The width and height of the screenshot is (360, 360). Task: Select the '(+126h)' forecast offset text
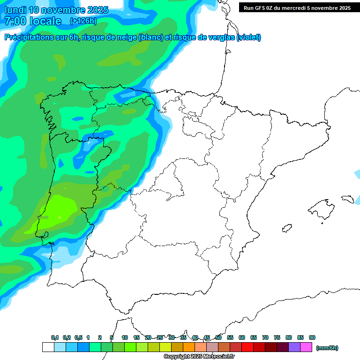point(83,21)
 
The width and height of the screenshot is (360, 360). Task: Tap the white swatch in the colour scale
point(48,347)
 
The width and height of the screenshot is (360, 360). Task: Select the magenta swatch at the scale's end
point(306,347)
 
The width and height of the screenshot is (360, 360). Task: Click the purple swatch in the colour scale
point(294,347)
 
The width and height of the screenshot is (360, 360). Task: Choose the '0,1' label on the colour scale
point(55,337)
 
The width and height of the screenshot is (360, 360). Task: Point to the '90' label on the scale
point(312,337)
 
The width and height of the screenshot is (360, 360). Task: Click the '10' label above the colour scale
point(125,337)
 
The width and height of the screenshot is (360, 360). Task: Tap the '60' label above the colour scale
point(242,337)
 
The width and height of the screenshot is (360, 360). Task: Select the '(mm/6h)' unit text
point(327,348)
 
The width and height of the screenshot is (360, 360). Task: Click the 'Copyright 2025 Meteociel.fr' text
point(199,357)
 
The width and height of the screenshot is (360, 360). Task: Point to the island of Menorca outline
point(347,199)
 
